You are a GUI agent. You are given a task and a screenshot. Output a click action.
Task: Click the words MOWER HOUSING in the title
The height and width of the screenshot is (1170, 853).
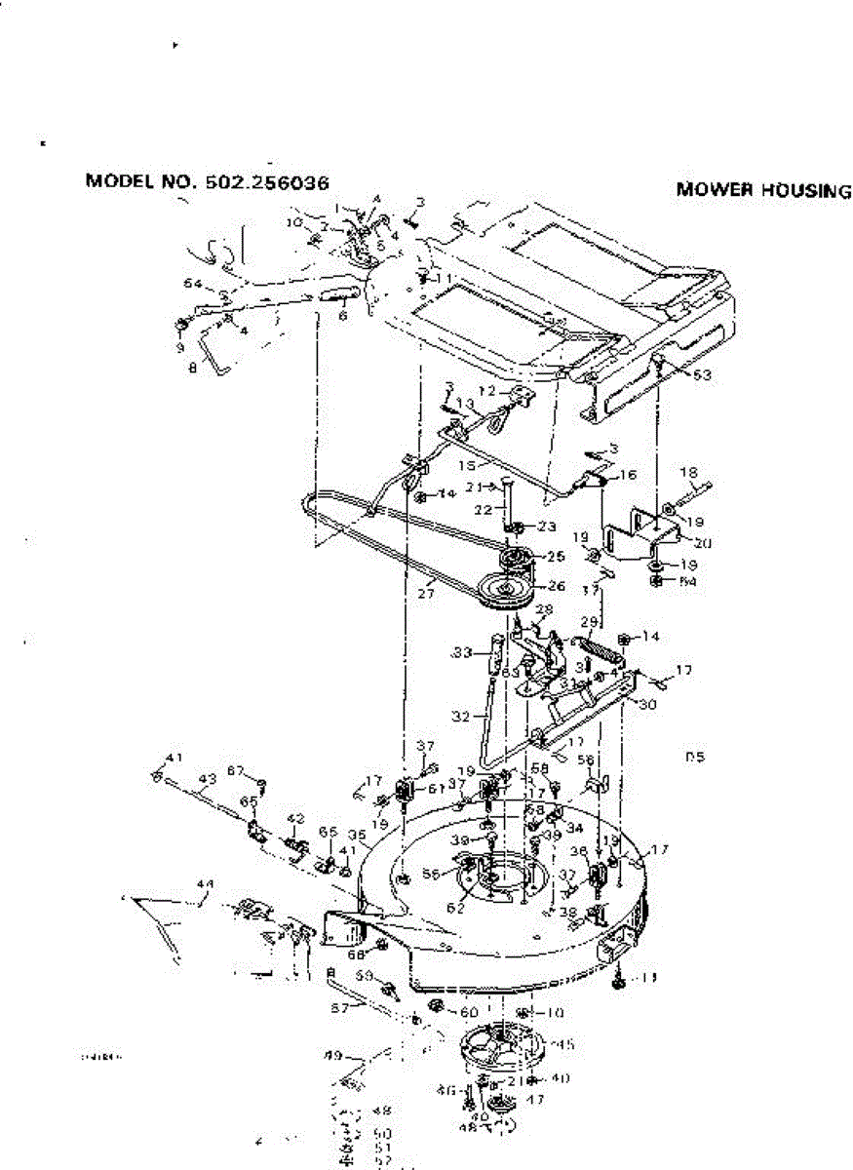(763, 191)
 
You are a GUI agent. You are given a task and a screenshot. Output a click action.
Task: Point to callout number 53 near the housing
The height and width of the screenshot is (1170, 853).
(700, 373)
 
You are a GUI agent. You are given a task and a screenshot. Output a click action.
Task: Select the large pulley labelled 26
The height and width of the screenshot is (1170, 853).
(508, 591)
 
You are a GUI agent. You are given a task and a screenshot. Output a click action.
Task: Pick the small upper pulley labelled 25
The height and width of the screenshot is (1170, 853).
(514, 563)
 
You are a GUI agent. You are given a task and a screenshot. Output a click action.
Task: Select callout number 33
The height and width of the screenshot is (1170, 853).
(462, 651)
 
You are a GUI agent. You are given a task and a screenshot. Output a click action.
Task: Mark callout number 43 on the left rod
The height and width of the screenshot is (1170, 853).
(206, 778)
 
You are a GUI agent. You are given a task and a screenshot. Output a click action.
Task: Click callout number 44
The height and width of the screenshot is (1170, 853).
(204, 883)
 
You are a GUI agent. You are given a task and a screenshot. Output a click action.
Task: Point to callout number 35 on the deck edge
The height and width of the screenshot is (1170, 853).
(358, 836)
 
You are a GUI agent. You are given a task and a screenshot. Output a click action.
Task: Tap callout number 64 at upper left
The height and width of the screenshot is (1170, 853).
(193, 284)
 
